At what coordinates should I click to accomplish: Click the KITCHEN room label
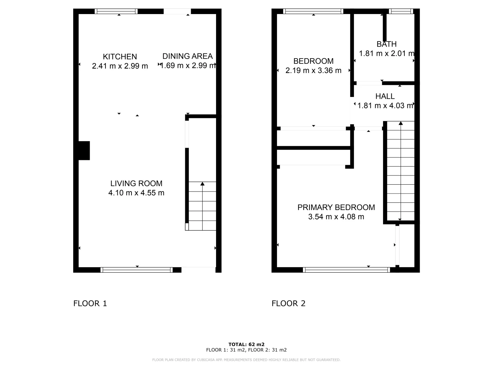120,57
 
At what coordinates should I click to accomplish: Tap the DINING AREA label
187,56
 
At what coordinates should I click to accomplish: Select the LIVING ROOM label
136,183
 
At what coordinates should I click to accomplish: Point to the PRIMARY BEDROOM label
336,207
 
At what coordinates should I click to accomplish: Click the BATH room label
387,44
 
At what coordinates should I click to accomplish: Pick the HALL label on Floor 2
385,96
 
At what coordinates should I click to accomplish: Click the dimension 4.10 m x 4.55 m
136,193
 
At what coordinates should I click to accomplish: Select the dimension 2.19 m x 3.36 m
313,71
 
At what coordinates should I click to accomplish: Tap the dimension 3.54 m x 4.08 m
336,217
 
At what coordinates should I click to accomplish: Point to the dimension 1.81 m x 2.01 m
386,53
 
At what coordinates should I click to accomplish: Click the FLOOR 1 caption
90,303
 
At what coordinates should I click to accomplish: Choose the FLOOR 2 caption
288,303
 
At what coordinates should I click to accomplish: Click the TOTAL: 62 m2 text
246,344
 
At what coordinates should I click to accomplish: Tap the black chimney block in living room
84,151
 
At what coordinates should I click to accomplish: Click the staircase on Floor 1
202,206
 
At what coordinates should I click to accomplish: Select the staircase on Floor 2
401,171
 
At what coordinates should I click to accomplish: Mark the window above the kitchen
116,11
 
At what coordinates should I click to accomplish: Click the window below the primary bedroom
346,270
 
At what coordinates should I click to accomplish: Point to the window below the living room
137,270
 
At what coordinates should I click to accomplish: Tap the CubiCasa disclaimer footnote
246,360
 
